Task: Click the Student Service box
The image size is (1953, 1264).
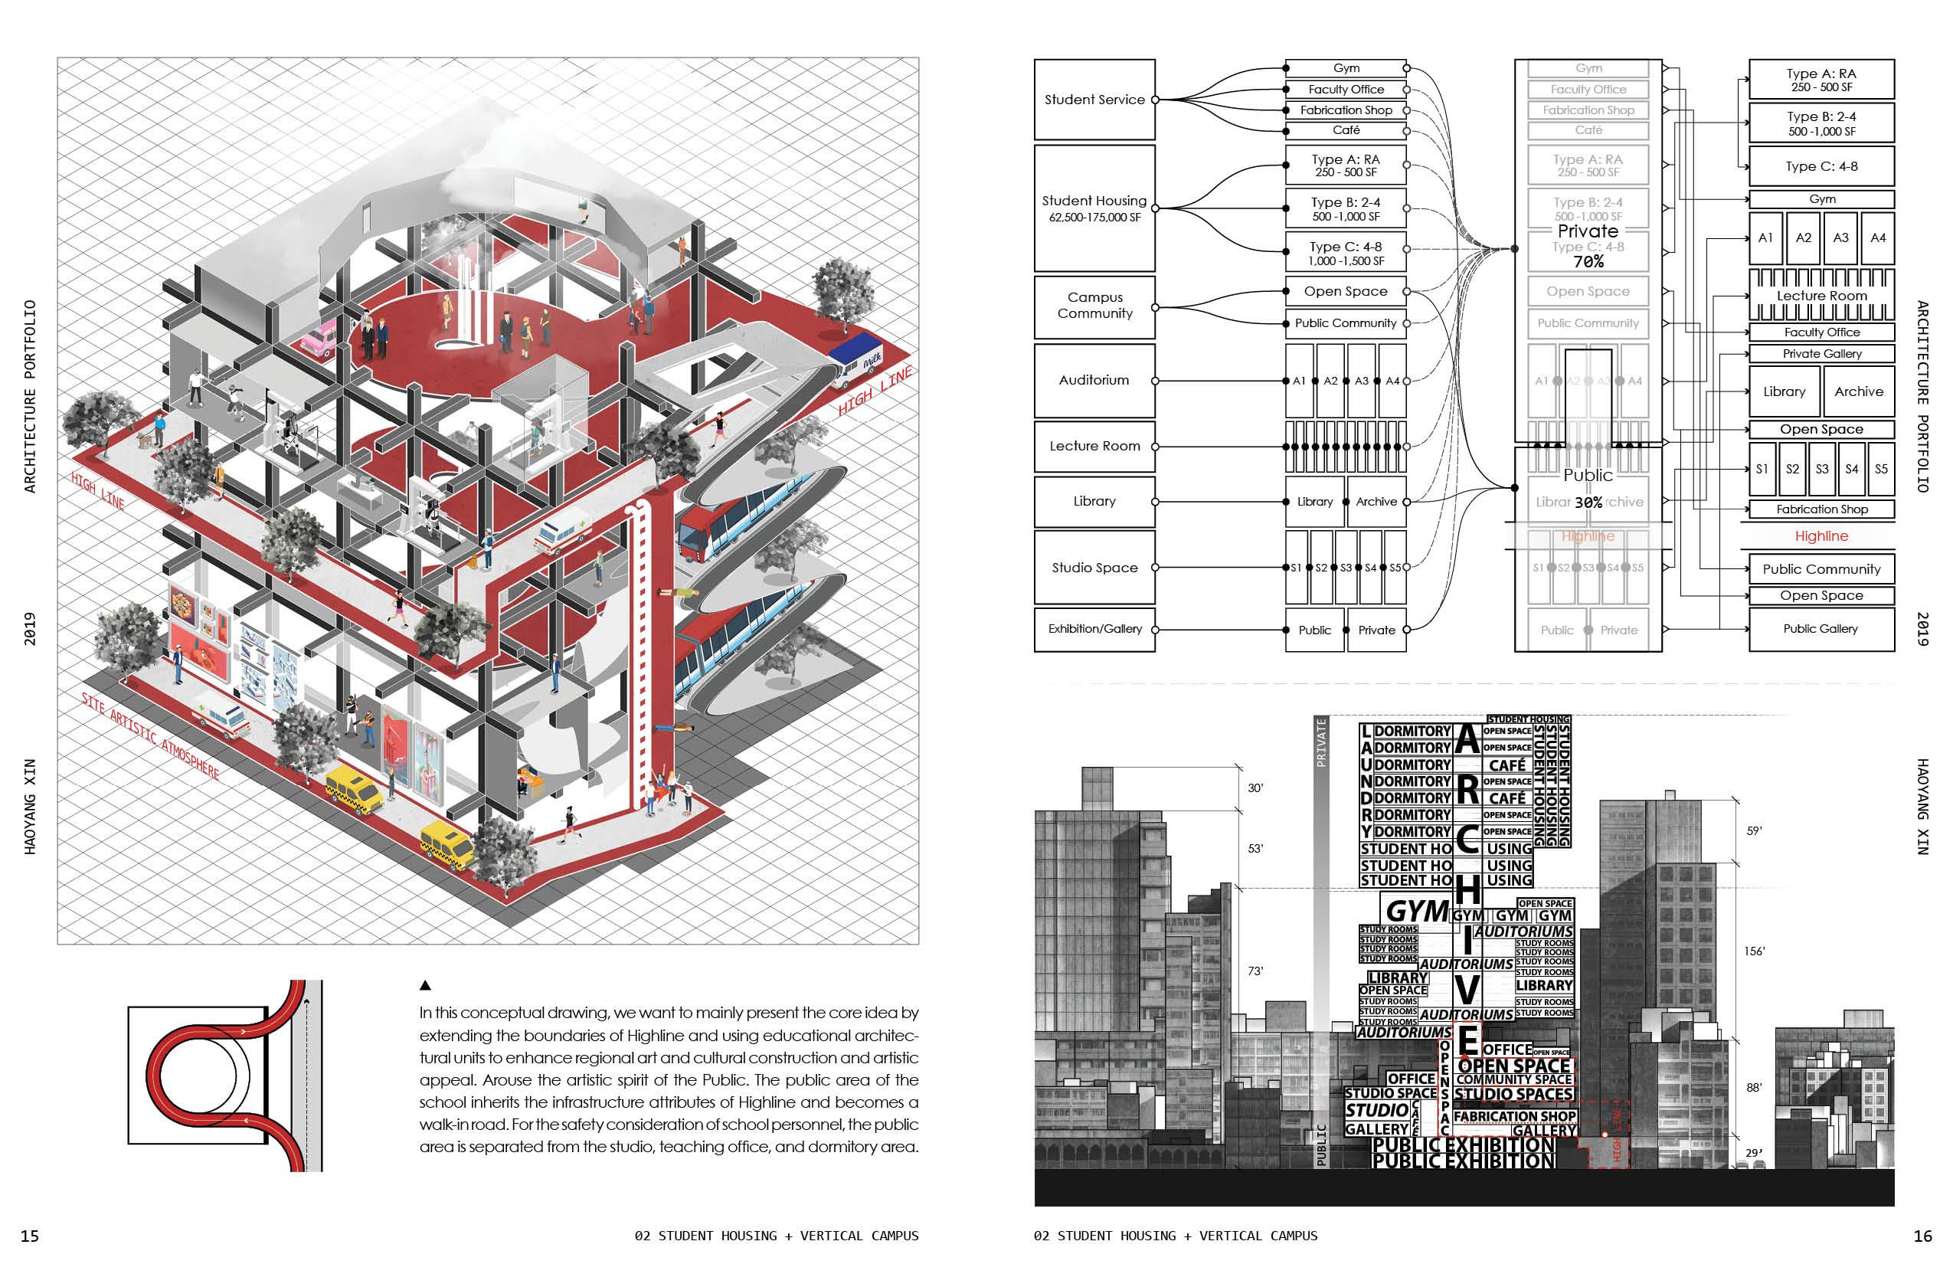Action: pos(1094,100)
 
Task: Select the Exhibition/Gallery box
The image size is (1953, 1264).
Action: pos(1094,629)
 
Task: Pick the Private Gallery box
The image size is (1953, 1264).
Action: pos(1821,354)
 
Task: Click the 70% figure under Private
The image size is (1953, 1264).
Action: pos(1588,262)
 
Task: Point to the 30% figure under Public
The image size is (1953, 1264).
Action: pos(1588,503)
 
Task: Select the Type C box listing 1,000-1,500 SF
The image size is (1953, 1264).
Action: pos(1345,253)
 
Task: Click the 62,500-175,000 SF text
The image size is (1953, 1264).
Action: pos(1094,218)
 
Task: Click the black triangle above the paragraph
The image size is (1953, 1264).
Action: pos(425,986)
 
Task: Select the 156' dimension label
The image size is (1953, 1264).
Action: pos(1754,951)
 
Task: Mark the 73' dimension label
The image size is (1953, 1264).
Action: pos(1255,971)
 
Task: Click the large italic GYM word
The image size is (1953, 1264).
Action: pos(1417,911)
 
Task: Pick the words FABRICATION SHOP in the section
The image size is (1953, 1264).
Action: pos(1514,1116)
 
